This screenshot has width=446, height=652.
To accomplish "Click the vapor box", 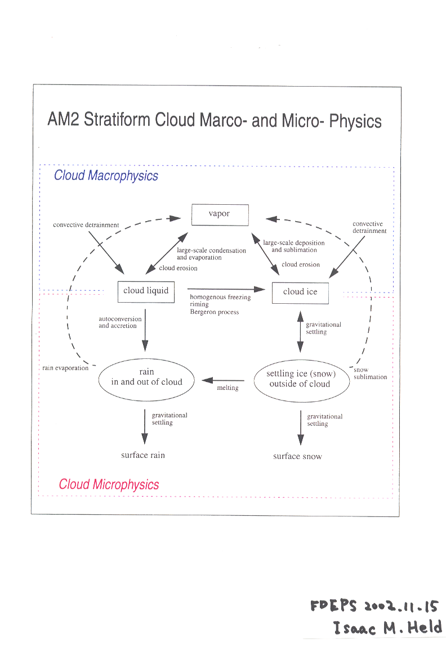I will [220, 214].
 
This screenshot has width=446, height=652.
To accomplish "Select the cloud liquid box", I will [146, 291].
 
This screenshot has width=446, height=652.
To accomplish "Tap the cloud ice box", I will [300, 292].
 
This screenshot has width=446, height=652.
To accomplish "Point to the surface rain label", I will [143, 455].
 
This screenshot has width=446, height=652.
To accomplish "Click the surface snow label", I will [297, 456].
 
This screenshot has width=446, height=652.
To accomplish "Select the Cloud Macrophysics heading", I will [106, 176].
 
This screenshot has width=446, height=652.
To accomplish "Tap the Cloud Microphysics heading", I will [109, 484].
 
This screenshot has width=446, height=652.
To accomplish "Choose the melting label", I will [228, 388].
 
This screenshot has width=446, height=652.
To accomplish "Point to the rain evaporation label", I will [65, 368].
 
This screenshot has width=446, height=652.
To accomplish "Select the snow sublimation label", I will [370, 374].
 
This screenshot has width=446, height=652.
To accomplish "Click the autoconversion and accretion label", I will [120, 322].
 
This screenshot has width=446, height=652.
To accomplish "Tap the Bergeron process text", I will [214, 312].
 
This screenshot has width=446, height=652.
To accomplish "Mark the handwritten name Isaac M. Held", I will [387, 627].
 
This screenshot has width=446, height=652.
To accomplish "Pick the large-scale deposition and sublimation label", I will [294, 246].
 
